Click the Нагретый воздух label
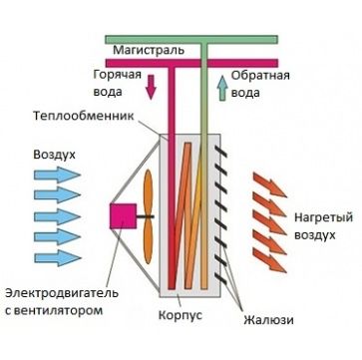[321, 225]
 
